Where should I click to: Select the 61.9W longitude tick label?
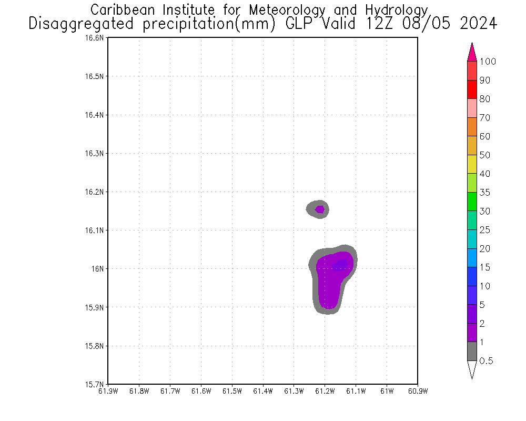tap(108, 391)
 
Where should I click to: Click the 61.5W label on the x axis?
tap(232, 391)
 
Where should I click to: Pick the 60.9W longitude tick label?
tap(418, 391)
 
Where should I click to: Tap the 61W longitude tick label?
tap(387, 391)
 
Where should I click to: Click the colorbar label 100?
tap(488, 62)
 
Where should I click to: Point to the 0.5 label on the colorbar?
tap(486, 360)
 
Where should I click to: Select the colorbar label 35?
tap(484, 193)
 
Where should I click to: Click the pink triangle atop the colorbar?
tap(472, 53)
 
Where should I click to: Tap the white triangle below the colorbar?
tap(472, 369)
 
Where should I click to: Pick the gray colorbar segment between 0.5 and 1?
tap(472, 351)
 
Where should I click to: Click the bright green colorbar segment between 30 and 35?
tap(472, 202)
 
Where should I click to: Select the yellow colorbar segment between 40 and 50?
tap(472, 164)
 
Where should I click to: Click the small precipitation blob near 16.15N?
tap(318, 209)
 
